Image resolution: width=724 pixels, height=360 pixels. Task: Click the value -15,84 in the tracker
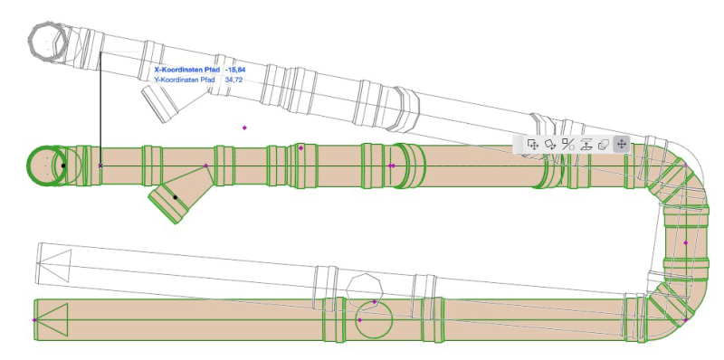click(x=235, y=70)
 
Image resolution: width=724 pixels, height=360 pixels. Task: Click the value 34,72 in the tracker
click(x=233, y=80)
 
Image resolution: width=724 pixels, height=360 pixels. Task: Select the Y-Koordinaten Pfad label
click(x=185, y=80)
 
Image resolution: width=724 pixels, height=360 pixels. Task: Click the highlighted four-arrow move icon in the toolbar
click(x=621, y=145)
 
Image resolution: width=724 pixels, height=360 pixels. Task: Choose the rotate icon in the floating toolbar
click(x=550, y=145)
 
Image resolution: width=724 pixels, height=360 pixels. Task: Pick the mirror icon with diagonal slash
click(x=568, y=145)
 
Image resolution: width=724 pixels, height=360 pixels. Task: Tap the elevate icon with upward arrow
click(x=586, y=145)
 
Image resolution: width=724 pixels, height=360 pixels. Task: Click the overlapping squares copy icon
click(x=603, y=145)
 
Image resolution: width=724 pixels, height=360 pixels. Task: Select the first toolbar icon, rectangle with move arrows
click(x=533, y=145)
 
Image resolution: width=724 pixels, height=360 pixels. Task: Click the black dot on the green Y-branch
click(x=175, y=197)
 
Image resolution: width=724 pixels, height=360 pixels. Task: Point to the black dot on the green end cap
click(x=63, y=166)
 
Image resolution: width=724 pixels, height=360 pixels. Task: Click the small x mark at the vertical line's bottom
click(x=100, y=166)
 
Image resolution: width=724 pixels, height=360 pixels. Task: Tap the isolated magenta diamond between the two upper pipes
click(x=244, y=128)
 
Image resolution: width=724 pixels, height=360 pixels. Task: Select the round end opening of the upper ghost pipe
click(x=48, y=42)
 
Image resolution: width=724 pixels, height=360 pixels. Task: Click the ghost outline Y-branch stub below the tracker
click(x=159, y=104)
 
